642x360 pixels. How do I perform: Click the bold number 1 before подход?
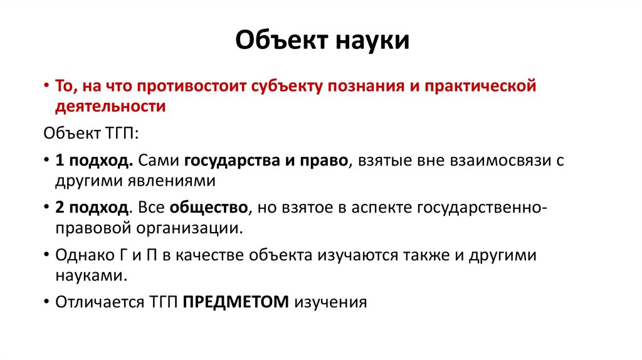(x=59, y=160)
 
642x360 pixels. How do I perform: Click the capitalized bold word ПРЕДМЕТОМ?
(x=235, y=302)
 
